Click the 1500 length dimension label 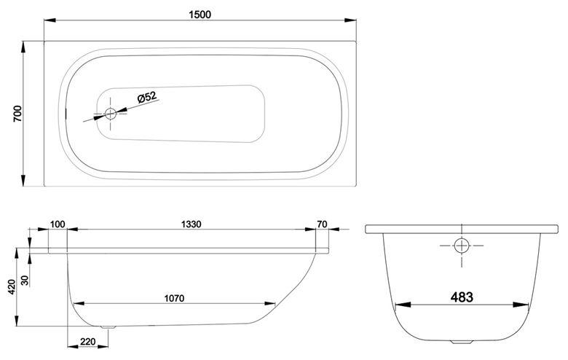click(200, 15)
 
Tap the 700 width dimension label click(17, 114)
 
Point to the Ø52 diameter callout click(146, 98)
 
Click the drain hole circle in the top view click(111, 114)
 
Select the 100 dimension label click(58, 224)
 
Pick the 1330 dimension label click(191, 224)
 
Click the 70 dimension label click(322, 224)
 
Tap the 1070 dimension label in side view click(174, 298)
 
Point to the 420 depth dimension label click(12, 287)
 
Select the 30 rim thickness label click(25, 281)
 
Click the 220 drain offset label click(87, 342)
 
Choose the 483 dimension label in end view click(462, 297)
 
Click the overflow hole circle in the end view click(462, 246)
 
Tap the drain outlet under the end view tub click(462, 342)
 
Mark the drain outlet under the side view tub click(109, 327)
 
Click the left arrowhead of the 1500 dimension click(50, 20)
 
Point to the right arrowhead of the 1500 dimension click(350, 20)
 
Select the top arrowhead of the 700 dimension click(23, 47)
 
